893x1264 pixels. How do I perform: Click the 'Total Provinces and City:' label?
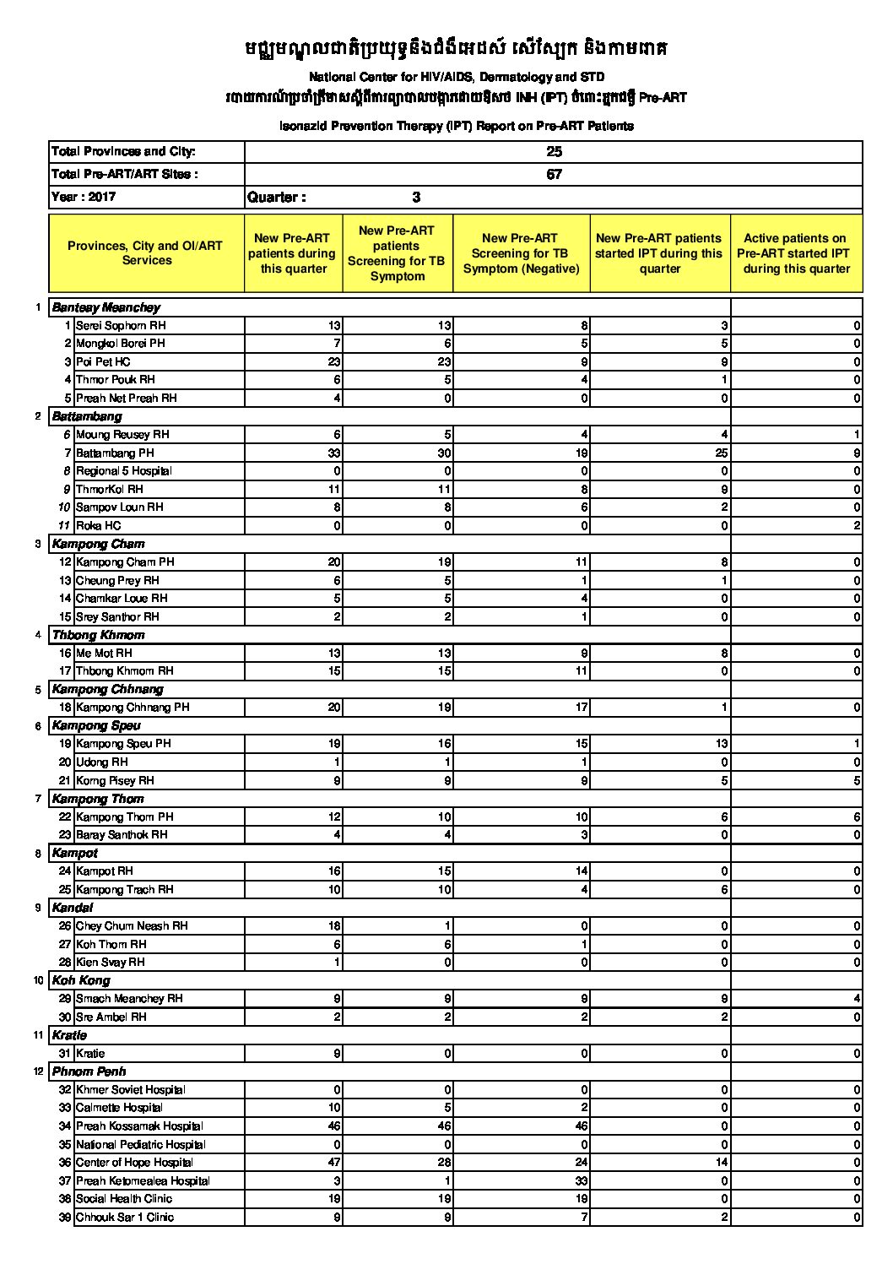coord(123,152)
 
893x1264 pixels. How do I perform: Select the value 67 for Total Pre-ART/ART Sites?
coord(554,175)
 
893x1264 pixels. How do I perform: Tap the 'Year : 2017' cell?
coord(84,197)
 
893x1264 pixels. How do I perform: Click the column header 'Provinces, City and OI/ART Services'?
coord(146,253)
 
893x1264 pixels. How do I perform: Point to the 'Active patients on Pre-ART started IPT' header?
coord(796,253)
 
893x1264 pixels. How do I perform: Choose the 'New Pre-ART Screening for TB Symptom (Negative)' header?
coord(521,253)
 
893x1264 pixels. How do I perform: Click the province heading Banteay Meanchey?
coord(106,307)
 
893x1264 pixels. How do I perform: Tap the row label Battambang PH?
coord(115,453)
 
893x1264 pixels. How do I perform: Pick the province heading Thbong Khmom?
coord(98,635)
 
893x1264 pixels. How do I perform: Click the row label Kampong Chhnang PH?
coord(133,708)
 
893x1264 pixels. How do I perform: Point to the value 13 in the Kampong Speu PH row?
coord(721,744)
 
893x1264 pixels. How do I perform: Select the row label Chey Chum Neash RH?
coord(132,926)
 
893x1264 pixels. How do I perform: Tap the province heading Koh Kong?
coord(81,980)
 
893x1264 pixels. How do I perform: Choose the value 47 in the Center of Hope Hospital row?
coord(333,1163)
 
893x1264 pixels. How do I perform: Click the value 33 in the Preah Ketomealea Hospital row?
coord(581,1180)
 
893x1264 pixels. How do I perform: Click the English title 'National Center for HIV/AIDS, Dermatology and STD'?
coord(456,77)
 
